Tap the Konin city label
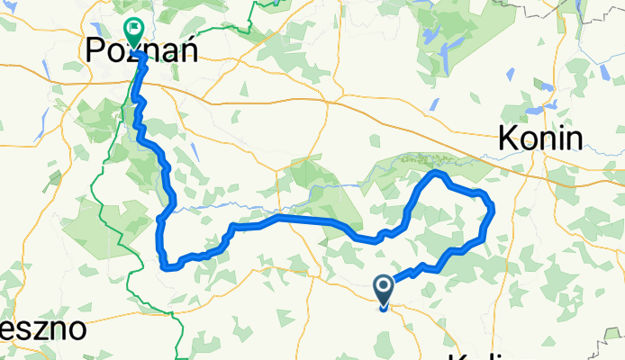[539, 138]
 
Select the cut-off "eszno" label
[43, 328]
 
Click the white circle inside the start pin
[383, 287]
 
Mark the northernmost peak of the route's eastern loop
[437, 171]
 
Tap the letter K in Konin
[508, 138]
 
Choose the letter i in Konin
[558, 138]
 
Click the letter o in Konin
[526, 139]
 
